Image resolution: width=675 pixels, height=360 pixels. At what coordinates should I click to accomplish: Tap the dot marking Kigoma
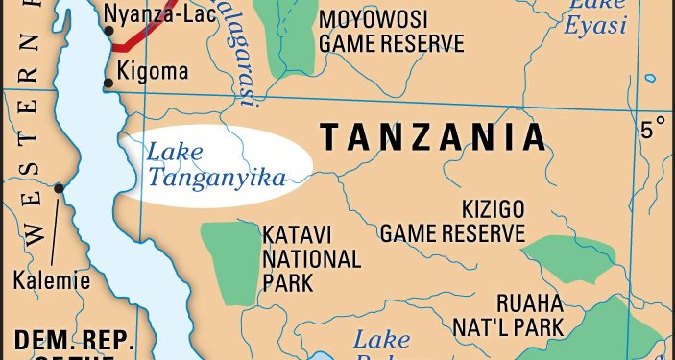108,84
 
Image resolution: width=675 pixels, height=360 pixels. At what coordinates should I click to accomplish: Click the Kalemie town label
52,281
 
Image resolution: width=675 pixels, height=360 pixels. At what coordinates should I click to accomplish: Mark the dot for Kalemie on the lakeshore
60,188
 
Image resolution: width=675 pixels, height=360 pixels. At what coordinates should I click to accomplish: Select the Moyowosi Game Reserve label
391,32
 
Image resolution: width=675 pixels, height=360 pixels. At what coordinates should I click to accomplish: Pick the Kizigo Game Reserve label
453,221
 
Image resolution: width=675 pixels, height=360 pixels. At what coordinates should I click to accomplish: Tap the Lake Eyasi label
597,17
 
